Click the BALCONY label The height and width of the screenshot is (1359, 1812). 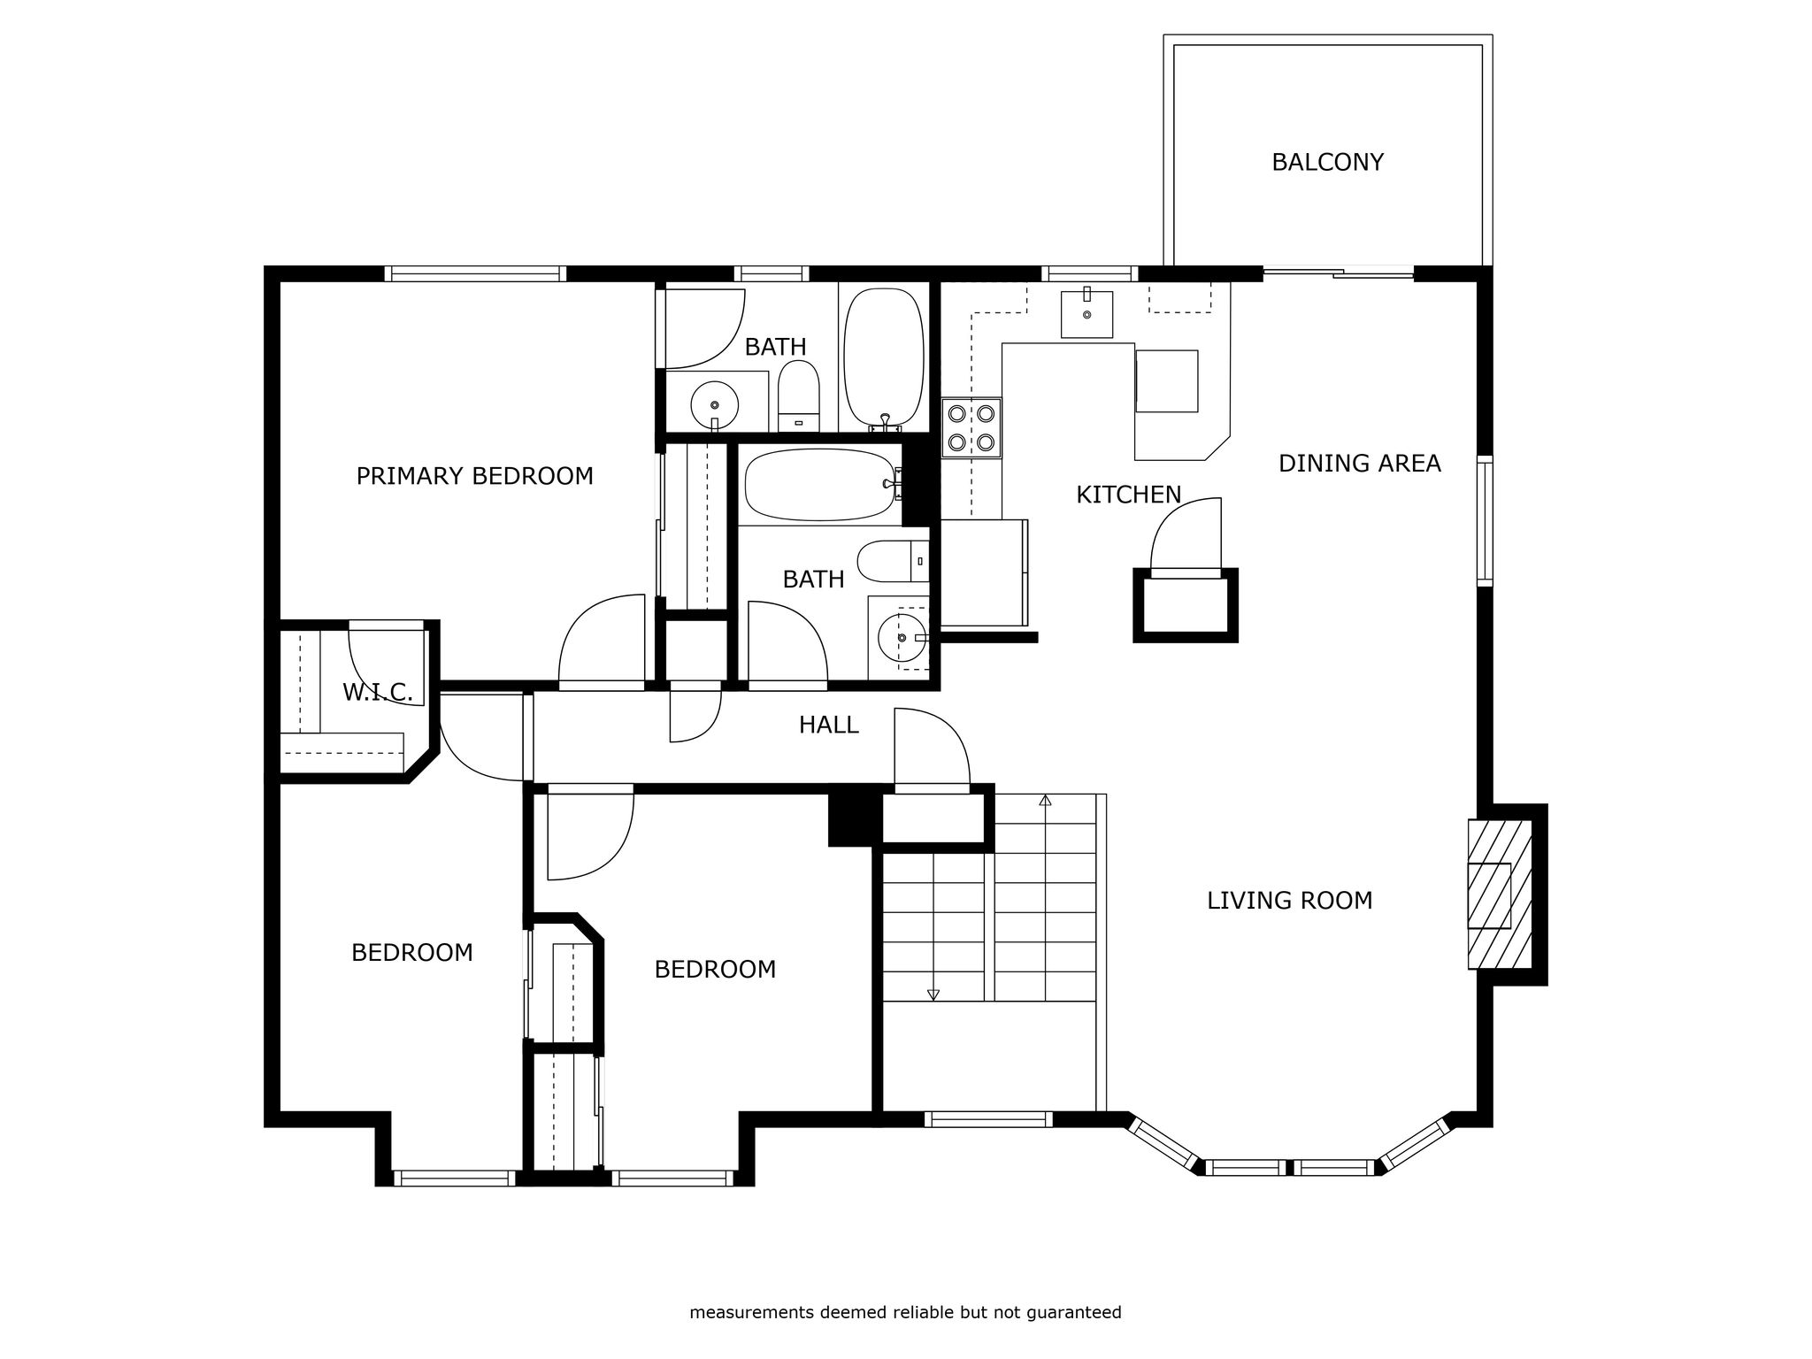[x=1327, y=162]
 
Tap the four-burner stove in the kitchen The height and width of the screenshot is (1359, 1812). [x=971, y=427]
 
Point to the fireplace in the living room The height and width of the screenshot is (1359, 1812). [x=1501, y=894]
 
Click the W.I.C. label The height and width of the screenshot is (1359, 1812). [x=378, y=693]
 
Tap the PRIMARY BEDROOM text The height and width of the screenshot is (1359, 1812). [x=474, y=476]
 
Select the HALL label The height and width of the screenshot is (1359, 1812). [x=828, y=725]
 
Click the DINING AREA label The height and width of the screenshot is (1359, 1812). [x=1359, y=463]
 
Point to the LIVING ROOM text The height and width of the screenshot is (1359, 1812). [x=1289, y=900]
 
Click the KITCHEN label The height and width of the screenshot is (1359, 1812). [x=1128, y=495]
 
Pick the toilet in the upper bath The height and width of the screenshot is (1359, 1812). [x=799, y=396]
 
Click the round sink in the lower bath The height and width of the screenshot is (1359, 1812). [x=902, y=637]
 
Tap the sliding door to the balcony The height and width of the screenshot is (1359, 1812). [x=1338, y=273]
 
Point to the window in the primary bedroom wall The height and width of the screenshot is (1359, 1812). [x=475, y=273]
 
